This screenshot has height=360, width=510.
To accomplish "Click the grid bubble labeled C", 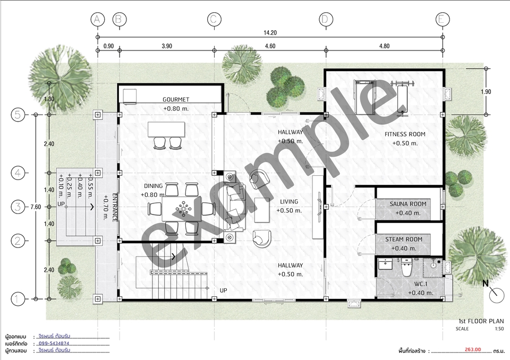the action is coord(214,19).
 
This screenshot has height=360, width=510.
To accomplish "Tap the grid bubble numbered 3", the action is coord(18,207).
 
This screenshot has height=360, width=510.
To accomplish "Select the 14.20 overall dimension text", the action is coord(270,32).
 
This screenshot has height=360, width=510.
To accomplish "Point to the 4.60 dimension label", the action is coord(270,46).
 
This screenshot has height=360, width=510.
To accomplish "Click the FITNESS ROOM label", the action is coord(405,134).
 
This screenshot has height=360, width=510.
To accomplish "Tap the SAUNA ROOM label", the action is coord(408,204).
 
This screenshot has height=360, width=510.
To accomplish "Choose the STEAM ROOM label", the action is coord(404,239).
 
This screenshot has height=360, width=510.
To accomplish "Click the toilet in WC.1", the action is coord(407,267).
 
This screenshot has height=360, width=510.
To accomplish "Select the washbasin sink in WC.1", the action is coord(386,264).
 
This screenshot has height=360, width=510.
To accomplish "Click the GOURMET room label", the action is coord(176,99).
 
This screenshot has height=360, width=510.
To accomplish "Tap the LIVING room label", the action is coord(289,202).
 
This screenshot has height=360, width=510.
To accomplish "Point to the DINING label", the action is coord(153,186).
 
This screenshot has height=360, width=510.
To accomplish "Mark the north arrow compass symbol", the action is coord(496,294).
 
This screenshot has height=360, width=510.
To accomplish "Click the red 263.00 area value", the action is coord(473,349).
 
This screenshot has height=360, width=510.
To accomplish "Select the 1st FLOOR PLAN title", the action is coord(481,321).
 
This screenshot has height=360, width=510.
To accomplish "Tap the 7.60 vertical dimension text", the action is coord(36,207).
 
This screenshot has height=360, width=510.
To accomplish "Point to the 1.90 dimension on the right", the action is coord(486,92).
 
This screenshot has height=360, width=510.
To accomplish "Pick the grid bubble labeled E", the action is coord(443,19).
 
